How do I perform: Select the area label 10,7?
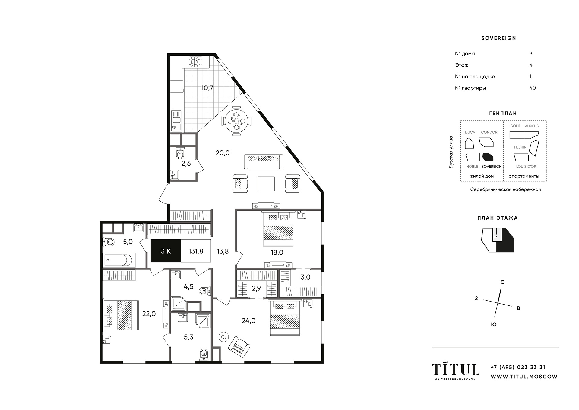tap(207, 88)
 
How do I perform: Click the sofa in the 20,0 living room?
tap(264, 161)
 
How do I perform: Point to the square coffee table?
tap(266, 184)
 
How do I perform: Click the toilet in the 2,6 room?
tap(180, 154)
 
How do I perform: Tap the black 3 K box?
tap(166, 251)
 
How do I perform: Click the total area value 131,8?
tap(196, 251)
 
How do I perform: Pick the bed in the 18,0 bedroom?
tap(278, 229)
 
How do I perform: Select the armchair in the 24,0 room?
tap(239, 347)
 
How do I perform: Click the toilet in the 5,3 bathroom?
tap(204, 355)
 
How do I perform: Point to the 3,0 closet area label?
tap(305, 277)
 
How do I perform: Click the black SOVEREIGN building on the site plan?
tap(488, 157)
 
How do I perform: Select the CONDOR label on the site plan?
tap(489, 132)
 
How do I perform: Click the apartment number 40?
tap(533, 88)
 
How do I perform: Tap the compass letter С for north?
tap(502, 282)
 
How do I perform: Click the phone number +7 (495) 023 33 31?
tap(518, 367)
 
